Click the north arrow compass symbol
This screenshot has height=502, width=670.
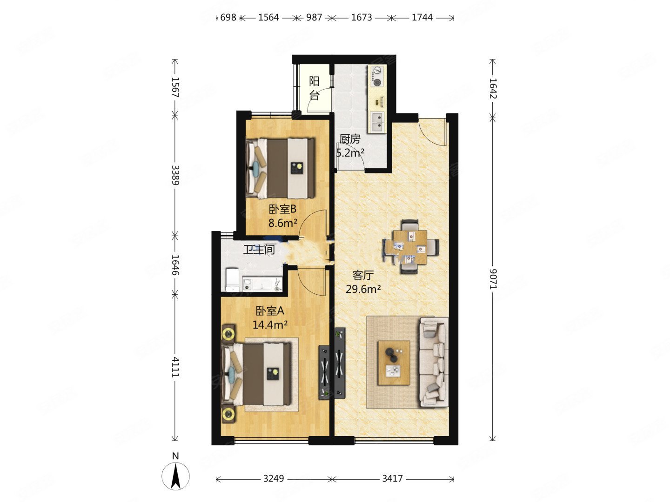point(175,476)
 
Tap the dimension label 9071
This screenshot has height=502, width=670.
point(493,279)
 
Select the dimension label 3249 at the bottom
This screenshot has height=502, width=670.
point(274,479)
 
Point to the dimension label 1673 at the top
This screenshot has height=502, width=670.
point(362,17)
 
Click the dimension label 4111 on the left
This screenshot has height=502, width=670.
point(175,367)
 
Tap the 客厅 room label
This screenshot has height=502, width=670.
point(363,275)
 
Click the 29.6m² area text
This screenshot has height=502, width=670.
point(363,289)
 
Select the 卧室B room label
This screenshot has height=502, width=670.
point(282,209)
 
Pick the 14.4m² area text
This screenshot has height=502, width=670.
point(270,324)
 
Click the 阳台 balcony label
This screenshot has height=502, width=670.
point(314,88)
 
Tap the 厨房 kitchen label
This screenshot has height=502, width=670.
point(350,139)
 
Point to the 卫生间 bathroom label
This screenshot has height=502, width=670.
point(259,250)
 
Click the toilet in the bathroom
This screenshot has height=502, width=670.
point(232,279)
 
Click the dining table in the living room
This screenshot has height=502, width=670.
point(410,247)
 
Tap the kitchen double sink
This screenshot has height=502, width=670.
point(378,122)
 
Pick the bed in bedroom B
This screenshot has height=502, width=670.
point(281,169)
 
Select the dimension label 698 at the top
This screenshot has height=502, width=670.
point(228,17)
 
